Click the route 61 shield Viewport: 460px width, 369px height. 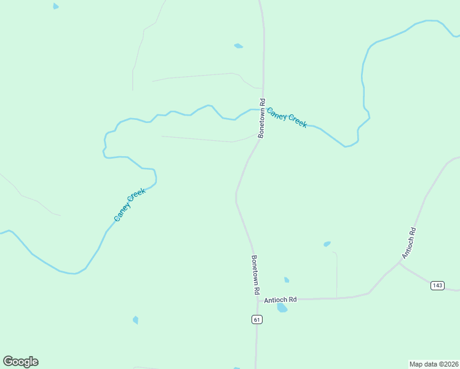click(x=256, y=319)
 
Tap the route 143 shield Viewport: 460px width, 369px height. click(x=438, y=285)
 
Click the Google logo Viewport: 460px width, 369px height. click(x=20, y=362)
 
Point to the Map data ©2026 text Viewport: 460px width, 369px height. click(x=434, y=363)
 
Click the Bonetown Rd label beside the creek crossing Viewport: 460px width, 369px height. click(x=262, y=118)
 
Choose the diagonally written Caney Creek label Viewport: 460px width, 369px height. click(x=130, y=205)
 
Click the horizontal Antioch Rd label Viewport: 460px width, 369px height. click(x=280, y=300)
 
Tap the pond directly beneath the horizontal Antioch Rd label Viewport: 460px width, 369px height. click(x=282, y=307)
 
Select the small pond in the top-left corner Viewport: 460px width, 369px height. click(x=56, y=6)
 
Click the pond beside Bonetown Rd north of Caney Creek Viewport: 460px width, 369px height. click(x=238, y=46)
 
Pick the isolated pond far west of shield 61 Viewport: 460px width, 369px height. click(x=135, y=320)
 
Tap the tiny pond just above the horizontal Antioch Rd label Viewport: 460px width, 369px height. click(x=287, y=280)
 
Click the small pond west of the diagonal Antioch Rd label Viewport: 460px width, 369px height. click(x=327, y=244)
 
